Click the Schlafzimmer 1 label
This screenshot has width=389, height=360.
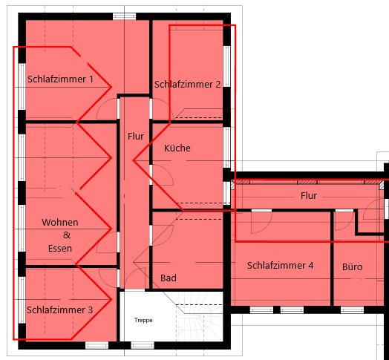pyautogui.click(x=60, y=79)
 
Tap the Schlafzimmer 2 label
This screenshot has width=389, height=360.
pyautogui.click(x=188, y=85)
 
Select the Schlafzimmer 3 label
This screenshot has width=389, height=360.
pyautogui.click(x=59, y=310)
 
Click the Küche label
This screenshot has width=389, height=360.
pyautogui.click(x=177, y=148)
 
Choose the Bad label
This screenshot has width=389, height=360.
pyautogui.click(x=169, y=278)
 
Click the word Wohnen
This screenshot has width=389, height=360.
pyautogui.click(x=60, y=223)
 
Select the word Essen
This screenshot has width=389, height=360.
pyautogui.click(x=60, y=249)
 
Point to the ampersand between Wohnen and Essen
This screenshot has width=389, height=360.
pyautogui.click(x=60, y=235)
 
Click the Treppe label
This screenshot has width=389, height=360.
pyautogui.click(x=143, y=320)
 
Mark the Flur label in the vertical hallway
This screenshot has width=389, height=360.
pyautogui.click(x=135, y=137)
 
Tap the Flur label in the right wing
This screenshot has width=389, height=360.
pyautogui.click(x=308, y=196)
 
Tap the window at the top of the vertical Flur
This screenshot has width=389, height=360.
pyautogui.click(x=123, y=16)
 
